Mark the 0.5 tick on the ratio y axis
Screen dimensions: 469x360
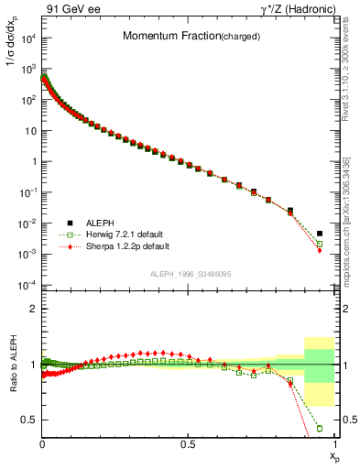tap(28, 420)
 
